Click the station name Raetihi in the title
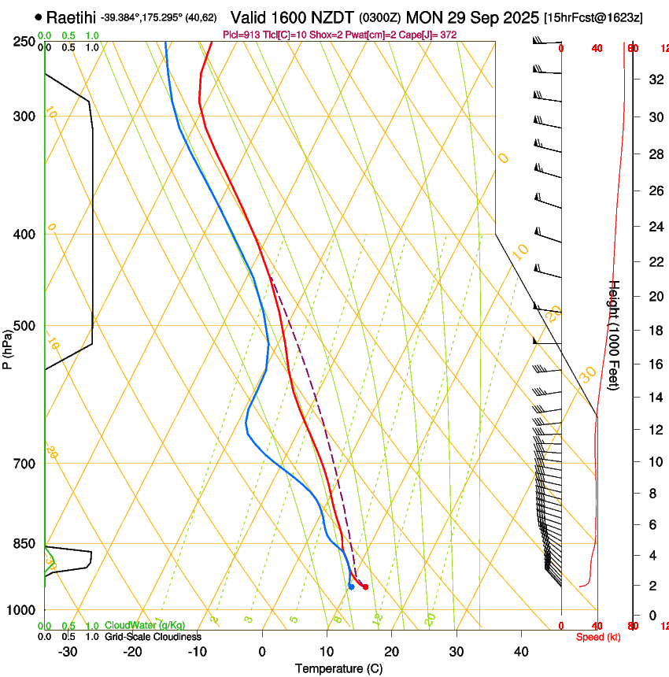click(71, 17)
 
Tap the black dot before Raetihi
click(39, 17)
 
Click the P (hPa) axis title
click(8, 346)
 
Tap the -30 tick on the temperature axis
click(68, 651)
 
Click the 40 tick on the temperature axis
click(520, 651)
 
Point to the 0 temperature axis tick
click(262, 651)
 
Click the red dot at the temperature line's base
click(365, 586)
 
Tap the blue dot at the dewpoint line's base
click(350, 586)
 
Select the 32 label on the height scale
click(654, 80)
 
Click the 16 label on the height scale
click(654, 364)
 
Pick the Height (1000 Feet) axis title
click(615, 335)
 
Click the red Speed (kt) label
click(597, 637)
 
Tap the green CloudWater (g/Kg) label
click(145, 626)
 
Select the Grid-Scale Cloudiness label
click(153, 636)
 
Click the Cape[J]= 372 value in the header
click(431, 35)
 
